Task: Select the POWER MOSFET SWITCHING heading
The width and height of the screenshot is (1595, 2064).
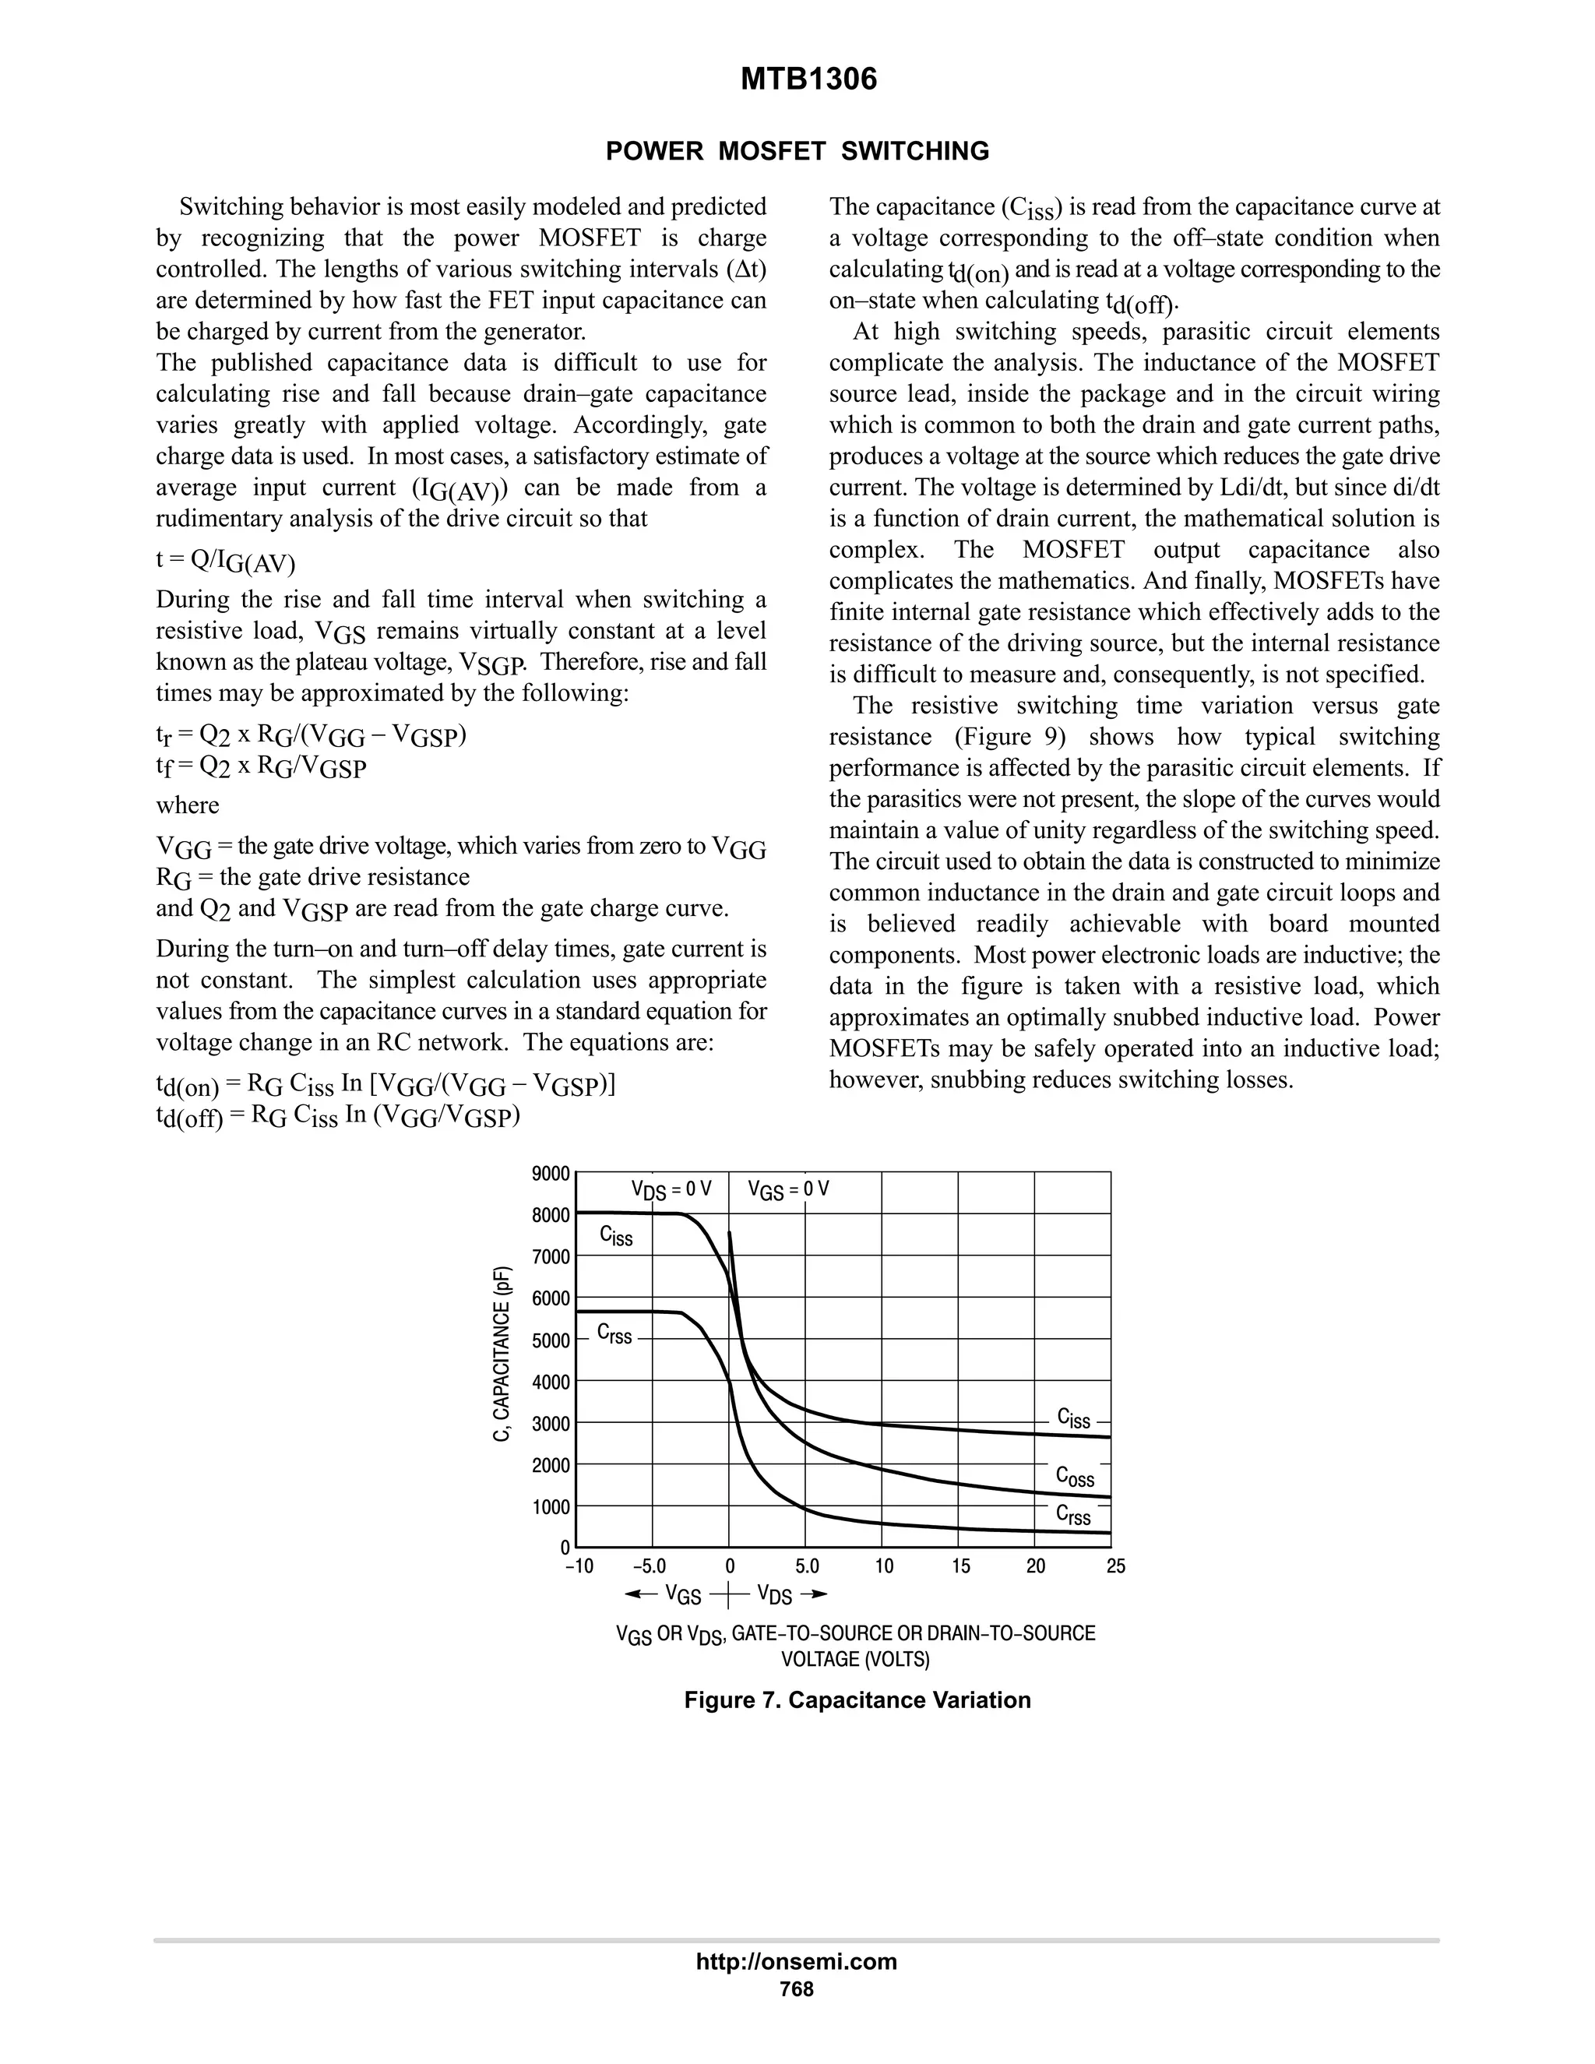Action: pos(797,151)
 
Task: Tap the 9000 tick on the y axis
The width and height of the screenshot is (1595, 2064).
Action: pos(551,1174)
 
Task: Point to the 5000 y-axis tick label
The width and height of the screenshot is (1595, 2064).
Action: pos(551,1341)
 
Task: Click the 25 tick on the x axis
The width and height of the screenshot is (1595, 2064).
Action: pos(1116,1567)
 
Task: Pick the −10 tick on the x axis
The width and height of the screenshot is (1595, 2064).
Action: pos(579,1567)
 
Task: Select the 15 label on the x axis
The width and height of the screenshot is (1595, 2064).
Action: pos(960,1567)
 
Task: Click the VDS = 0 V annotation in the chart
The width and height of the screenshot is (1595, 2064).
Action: pos(671,1190)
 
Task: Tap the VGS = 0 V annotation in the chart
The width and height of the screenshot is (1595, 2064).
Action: pos(788,1190)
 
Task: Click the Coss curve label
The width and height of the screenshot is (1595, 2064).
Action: pos(1074,1476)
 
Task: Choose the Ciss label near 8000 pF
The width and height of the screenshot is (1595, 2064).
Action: pos(616,1236)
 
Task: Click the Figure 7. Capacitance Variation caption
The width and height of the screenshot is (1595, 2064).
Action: pos(857,1700)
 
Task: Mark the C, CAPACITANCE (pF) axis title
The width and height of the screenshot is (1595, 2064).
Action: pos(504,1354)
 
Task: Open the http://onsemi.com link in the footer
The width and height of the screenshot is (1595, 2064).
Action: pos(796,1962)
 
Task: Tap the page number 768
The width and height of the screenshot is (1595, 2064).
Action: pos(796,1990)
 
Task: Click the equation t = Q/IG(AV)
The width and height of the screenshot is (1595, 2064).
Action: pos(225,561)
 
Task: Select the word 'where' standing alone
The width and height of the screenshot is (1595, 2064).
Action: pos(187,805)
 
